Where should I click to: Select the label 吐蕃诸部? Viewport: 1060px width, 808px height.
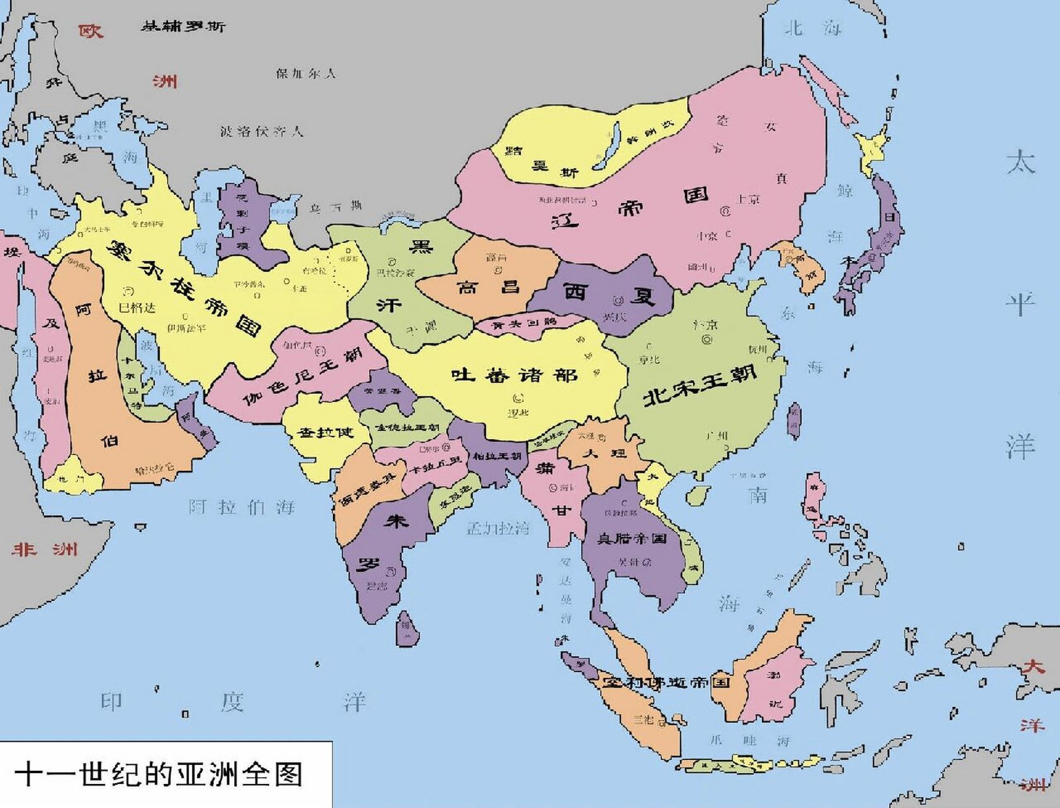click(514, 375)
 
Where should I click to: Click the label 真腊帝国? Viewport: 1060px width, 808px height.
click(632, 538)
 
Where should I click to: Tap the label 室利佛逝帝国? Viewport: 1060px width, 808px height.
click(665, 682)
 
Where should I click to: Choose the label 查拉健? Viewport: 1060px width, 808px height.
click(326, 433)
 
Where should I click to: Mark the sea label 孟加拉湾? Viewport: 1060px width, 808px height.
click(498, 528)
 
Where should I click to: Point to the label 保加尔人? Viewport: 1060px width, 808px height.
click(305, 73)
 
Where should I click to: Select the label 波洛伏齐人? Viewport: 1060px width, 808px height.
click(262, 131)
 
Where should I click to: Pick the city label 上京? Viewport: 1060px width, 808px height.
click(748, 199)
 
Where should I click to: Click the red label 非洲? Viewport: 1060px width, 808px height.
click(44, 549)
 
